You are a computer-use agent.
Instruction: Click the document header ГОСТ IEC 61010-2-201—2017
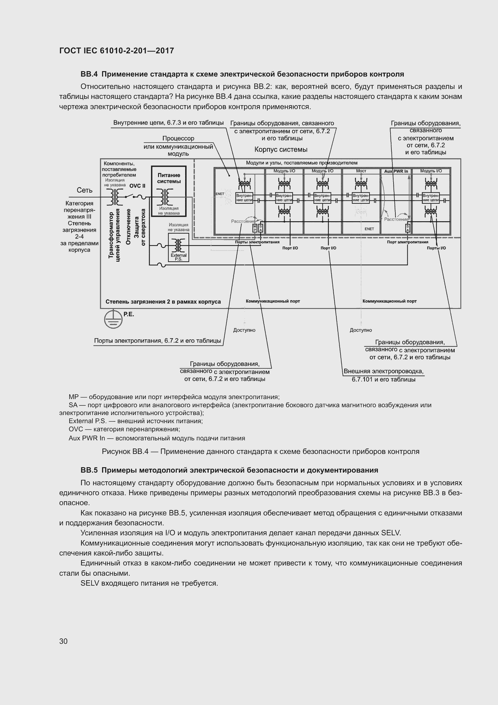117,51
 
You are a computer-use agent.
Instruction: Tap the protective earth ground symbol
114,319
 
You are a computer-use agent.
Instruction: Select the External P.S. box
179,247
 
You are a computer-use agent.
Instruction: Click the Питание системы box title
169,178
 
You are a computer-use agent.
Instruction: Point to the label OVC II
137,186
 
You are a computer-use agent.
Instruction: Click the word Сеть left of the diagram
85,190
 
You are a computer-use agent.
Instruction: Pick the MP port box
255,228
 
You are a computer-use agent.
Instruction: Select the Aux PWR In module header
396,171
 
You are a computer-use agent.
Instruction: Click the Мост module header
361,171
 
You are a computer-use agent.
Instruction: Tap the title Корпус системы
281,149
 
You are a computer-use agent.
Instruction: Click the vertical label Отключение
129,227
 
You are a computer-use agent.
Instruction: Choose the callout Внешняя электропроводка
383,371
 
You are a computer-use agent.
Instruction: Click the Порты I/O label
436,248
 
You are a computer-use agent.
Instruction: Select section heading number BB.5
89,470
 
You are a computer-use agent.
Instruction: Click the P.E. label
129,314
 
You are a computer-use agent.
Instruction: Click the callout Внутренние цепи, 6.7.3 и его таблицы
168,123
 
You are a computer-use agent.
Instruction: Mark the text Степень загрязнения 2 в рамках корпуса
163,301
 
